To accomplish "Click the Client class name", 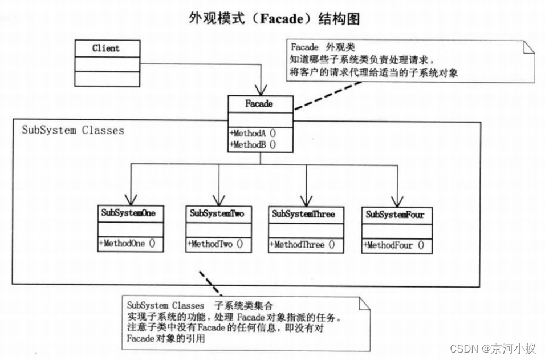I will [106, 48].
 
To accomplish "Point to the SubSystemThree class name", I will [303, 214].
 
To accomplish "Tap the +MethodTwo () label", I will [215, 244].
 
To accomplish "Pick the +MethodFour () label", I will [394, 246].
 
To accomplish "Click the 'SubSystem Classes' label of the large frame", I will [73, 130].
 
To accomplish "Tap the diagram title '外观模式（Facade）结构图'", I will [274, 19].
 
